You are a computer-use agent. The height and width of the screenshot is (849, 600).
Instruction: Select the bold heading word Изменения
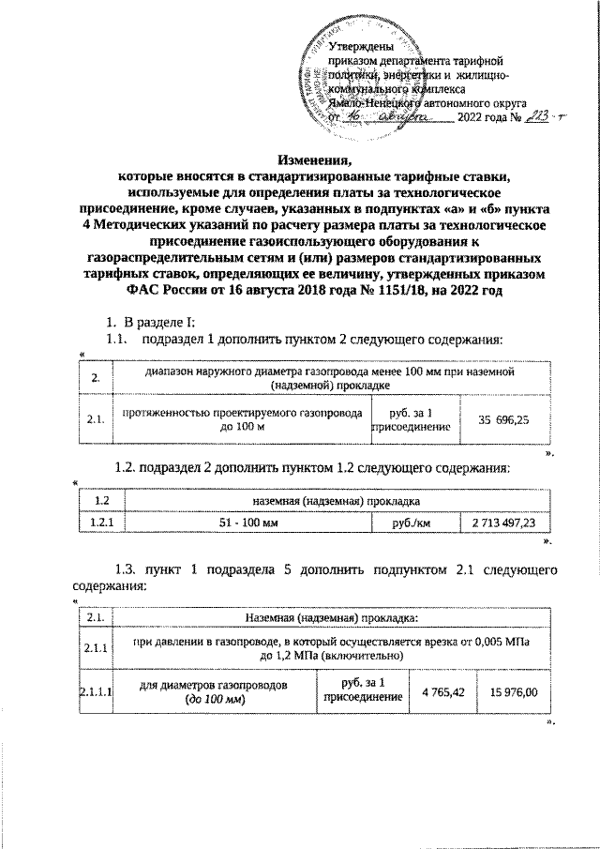(300, 159)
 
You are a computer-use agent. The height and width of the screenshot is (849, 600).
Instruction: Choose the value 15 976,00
(513, 693)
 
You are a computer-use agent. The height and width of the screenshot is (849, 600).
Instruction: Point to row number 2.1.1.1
(95, 693)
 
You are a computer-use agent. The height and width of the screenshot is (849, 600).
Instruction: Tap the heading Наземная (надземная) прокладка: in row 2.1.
(330, 617)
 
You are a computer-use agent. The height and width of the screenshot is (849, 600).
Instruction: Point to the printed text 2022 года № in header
(487, 118)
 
